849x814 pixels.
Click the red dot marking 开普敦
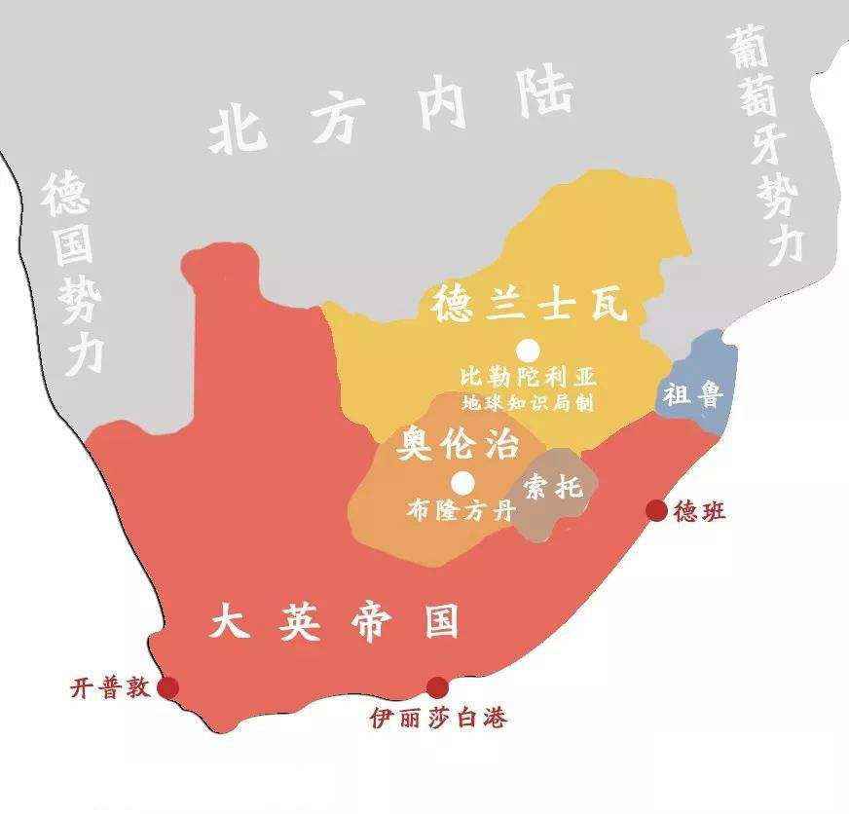(x=169, y=687)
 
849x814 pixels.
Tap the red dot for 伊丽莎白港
(x=438, y=687)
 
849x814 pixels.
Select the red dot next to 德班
(x=657, y=510)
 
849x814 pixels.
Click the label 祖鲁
(x=691, y=394)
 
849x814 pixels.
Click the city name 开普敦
(x=110, y=687)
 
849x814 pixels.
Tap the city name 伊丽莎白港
(x=439, y=719)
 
